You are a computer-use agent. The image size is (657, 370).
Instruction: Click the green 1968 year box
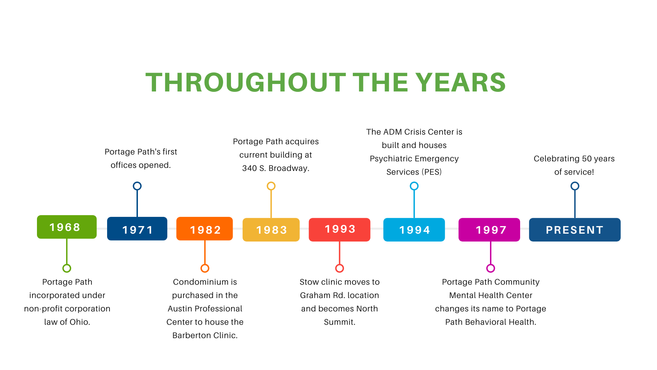[x=67, y=227]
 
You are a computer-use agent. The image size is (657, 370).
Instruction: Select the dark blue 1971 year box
[x=137, y=229]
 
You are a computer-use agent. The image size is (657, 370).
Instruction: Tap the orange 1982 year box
[x=205, y=229]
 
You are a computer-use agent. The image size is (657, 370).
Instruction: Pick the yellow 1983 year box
[x=271, y=230]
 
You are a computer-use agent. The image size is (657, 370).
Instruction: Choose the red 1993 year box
[x=339, y=230]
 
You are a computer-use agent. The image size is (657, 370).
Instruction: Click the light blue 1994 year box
[x=414, y=230]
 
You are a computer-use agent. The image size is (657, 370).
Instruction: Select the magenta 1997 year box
[x=489, y=230]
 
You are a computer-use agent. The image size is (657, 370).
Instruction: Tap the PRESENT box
[x=575, y=230]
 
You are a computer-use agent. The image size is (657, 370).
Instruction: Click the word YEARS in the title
[x=461, y=83]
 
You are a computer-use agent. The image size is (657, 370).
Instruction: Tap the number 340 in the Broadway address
[x=249, y=168]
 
